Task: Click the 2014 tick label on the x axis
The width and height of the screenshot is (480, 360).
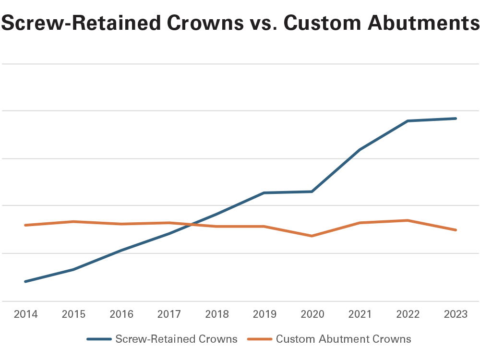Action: (26, 314)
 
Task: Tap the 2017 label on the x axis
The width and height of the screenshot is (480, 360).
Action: (169, 314)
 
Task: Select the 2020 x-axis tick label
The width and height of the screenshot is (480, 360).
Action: (312, 314)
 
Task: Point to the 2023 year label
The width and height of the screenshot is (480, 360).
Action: (456, 314)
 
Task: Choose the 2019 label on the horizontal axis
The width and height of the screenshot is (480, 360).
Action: (264, 314)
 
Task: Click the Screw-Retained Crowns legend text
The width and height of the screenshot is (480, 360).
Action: (176, 339)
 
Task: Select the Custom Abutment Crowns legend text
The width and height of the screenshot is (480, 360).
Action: (343, 339)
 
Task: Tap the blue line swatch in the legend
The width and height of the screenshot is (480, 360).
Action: (99, 339)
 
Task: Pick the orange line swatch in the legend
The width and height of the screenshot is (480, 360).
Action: (260, 339)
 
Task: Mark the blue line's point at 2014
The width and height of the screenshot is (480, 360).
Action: (26, 281)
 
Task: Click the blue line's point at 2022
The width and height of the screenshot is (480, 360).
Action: (408, 121)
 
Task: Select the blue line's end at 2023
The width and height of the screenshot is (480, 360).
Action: (456, 119)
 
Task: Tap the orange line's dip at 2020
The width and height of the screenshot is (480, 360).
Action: (312, 236)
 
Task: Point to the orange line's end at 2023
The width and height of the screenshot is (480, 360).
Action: (456, 230)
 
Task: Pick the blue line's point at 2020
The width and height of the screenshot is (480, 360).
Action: (312, 192)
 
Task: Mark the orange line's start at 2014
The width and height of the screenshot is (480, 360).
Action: (26, 225)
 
